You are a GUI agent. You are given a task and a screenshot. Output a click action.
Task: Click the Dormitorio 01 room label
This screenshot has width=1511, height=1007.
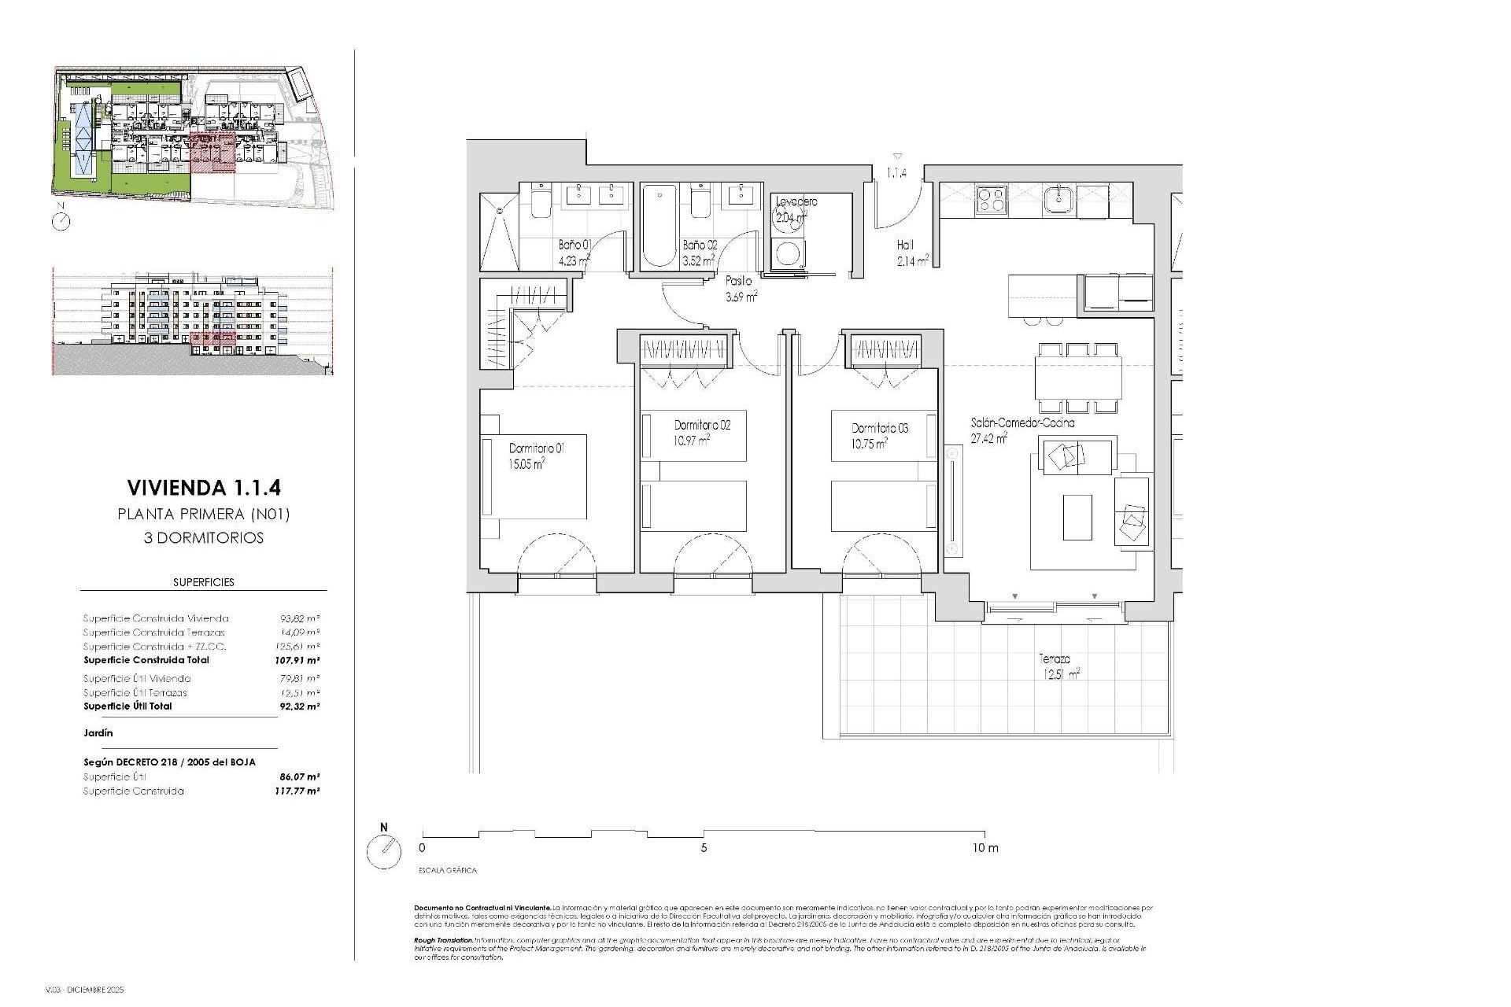click(537, 448)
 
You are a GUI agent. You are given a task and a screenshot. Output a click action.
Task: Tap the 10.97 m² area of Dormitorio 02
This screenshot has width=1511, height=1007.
click(692, 441)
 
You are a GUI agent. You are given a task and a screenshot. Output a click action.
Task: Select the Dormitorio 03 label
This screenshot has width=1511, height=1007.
click(880, 429)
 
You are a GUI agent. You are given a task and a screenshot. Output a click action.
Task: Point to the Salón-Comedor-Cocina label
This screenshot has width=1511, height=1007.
click(1022, 422)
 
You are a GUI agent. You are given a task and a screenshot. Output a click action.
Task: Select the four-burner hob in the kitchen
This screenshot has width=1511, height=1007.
click(991, 200)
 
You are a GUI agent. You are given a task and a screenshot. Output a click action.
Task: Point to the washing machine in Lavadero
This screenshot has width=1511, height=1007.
click(785, 253)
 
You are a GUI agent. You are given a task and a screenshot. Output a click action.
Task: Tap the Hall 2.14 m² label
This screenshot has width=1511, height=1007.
click(911, 253)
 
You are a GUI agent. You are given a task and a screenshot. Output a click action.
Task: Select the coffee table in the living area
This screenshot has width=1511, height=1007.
click(1077, 517)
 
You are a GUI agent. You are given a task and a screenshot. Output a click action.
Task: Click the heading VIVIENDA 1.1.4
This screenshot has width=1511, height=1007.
click(203, 489)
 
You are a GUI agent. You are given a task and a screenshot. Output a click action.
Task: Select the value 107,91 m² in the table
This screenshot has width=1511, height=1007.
click(302, 660)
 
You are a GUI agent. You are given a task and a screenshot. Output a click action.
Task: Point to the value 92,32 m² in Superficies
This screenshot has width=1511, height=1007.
click(302, 706)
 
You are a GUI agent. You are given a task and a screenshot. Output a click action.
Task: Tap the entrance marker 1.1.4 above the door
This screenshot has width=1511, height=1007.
click(897, 173)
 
